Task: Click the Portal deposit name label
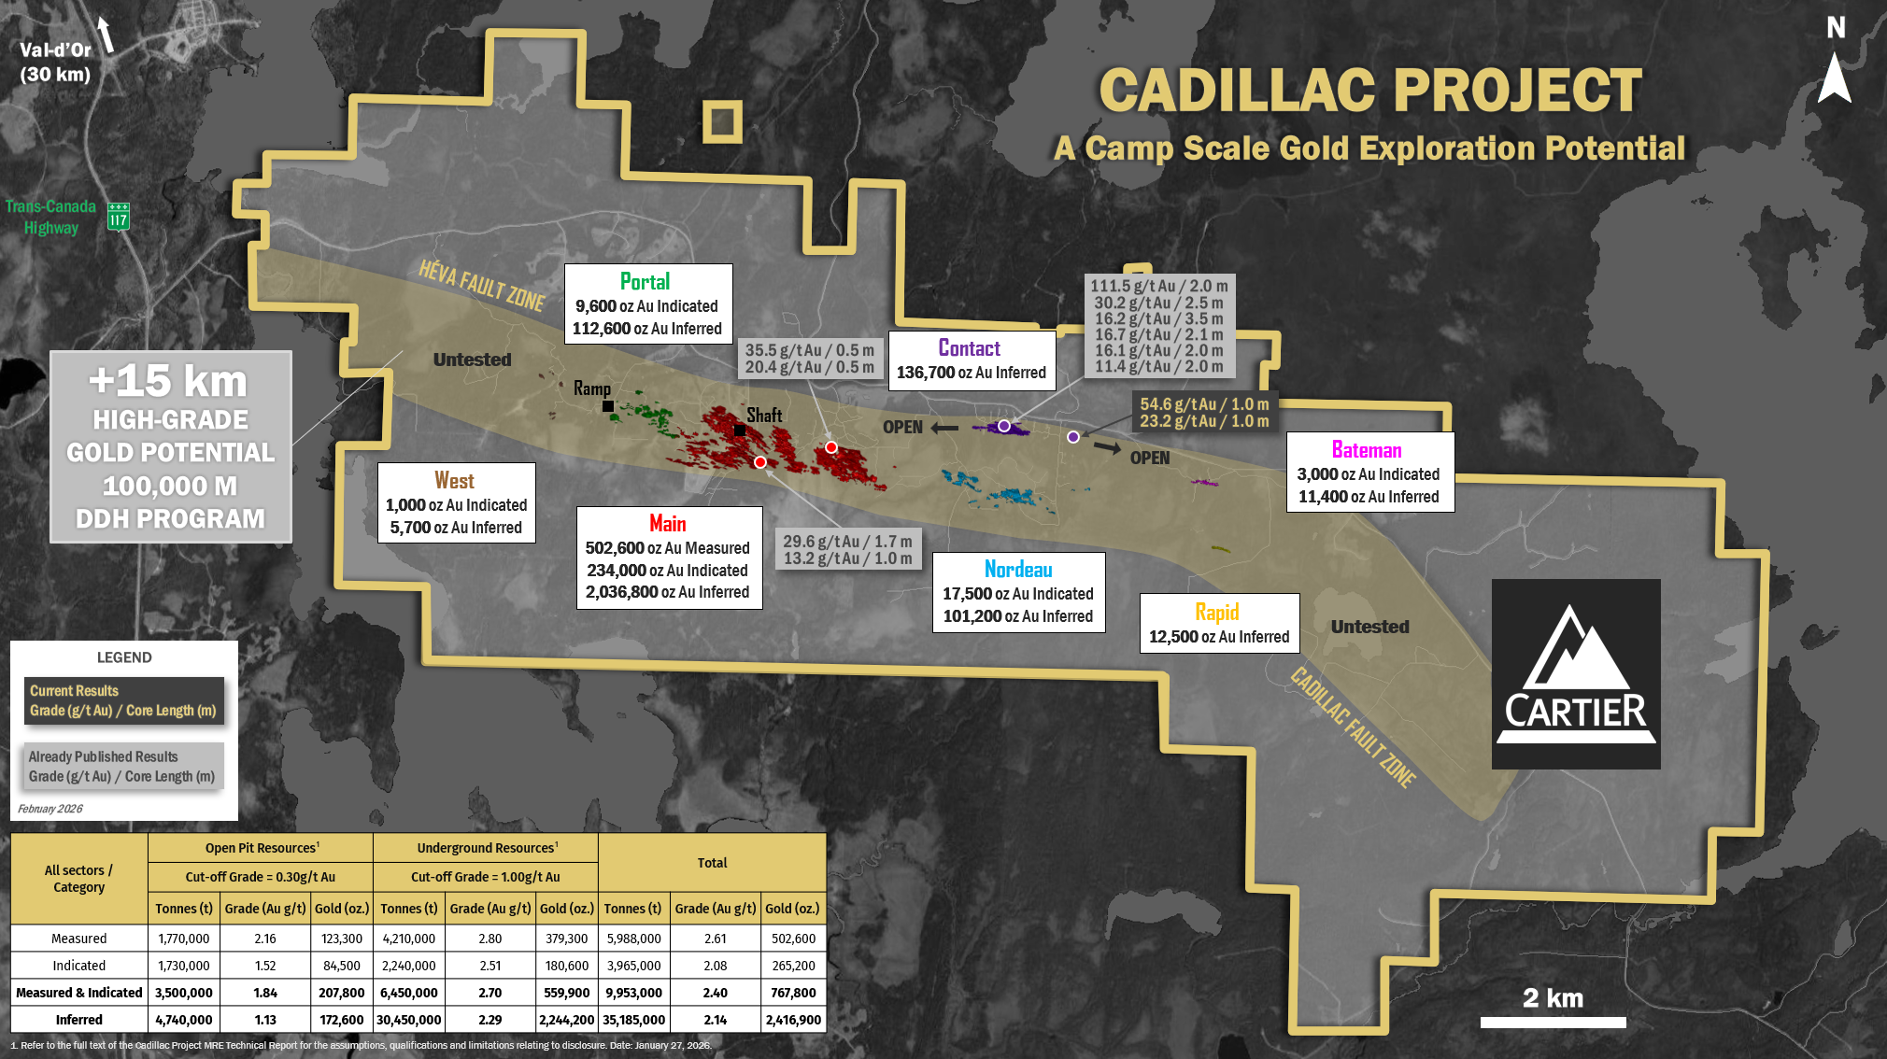point(645,282)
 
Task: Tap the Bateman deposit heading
point(1367,450)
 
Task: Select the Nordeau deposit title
point(1018,570)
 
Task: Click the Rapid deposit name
point(1217,613)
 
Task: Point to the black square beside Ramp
point(608,406)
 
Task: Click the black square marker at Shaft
point(740,431)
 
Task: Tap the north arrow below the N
point(1834,78)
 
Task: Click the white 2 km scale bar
point(1553,1023)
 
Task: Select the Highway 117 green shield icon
point(119,217)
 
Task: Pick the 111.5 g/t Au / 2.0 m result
point(1159,287)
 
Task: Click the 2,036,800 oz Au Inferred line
point(667,592)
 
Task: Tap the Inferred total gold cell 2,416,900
point(793,1020)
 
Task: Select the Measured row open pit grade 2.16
point(265,939)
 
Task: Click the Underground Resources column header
point(487,848)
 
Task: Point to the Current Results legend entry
point(123,700)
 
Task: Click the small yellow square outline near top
point(722,121)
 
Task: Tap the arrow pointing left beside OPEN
point(944,428)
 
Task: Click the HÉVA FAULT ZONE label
point(481,285)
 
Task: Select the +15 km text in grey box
point(169,381)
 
